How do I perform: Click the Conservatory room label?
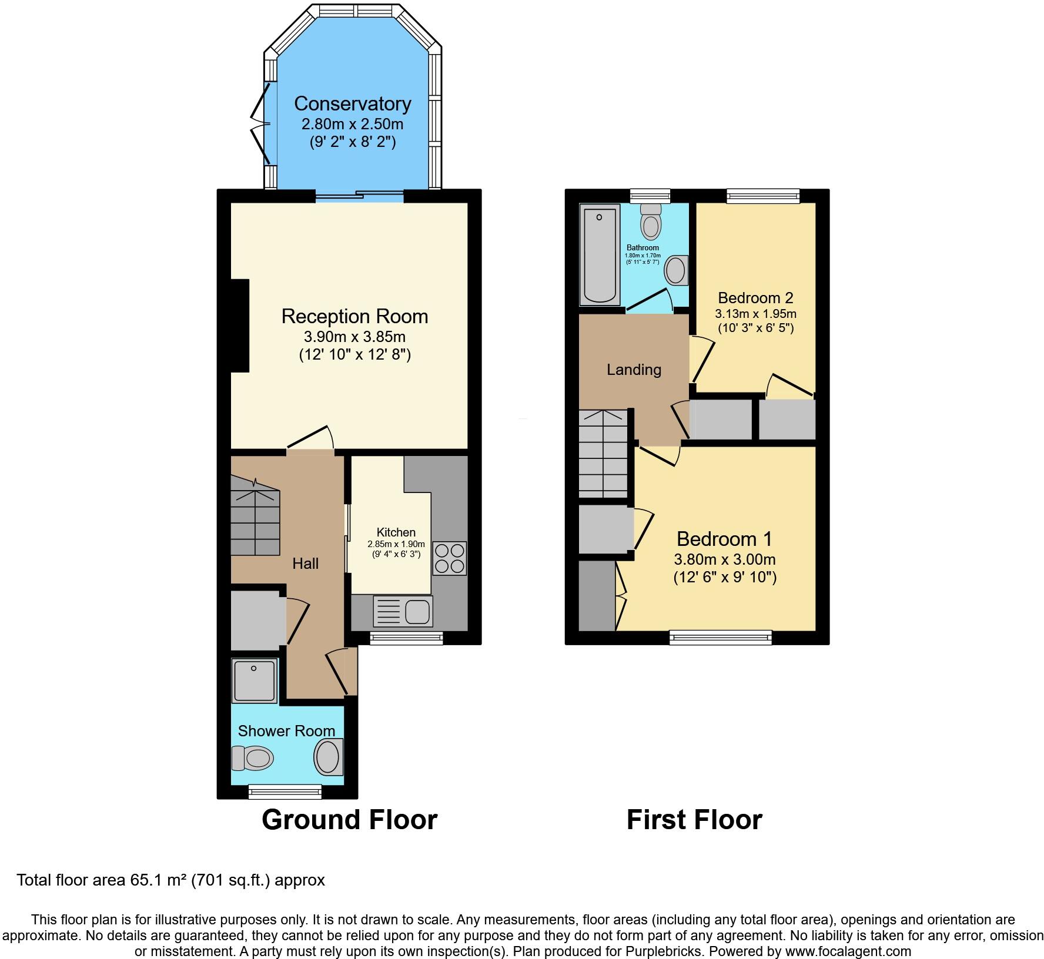tap(353, 103)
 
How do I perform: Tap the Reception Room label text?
tap(354, 316)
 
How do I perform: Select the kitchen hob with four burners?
tap(450, 558)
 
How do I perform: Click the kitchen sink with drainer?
tap(403, 611)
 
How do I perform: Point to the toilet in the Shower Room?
tap(253, 758)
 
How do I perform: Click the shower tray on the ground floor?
tap(255, 680)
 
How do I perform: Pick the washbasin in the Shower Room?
tap(329, 757)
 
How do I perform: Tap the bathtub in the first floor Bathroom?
tap(600, 255)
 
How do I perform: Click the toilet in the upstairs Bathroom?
tap(651, 222)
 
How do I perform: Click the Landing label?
tap(634, 370)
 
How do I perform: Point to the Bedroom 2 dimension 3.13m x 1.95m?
tap(755, 314)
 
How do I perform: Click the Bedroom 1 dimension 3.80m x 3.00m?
tap(725, 559)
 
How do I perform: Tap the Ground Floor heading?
tap(350, 820)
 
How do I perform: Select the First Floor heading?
tap(694, 820)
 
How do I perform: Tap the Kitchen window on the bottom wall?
tap(406, 638)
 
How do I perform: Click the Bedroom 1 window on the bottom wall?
tap(721, 638)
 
